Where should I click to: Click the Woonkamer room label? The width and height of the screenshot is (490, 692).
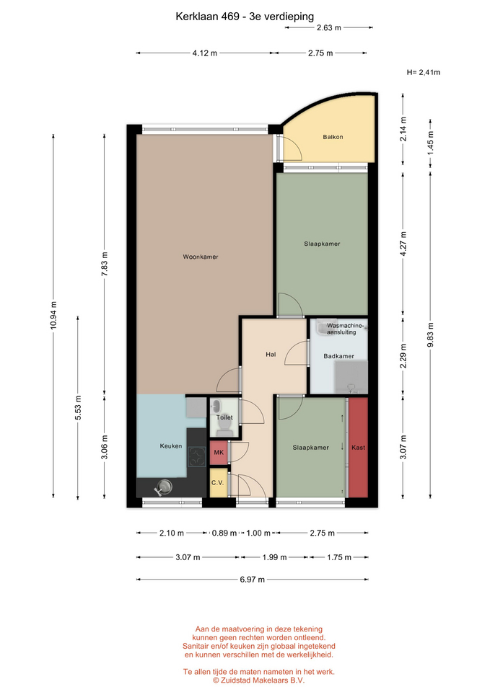pos(201,257)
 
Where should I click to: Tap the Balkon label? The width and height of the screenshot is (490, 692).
pos(333,137)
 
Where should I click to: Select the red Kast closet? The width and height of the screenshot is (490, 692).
pos(359,448)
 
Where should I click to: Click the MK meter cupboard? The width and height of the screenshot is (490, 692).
pos(219,453)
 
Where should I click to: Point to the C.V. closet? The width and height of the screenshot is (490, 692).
pos(218,482)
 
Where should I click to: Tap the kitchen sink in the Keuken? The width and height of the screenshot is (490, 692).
pos(164,487)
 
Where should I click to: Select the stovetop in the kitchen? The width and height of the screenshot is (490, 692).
pos(196,457)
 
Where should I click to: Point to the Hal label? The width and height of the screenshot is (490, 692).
pos(271,354)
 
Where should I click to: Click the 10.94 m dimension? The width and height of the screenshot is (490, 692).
pos(53,316)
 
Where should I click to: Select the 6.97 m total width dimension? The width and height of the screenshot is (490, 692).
pos(253,580)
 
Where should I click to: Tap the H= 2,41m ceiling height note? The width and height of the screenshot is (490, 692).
pos(424,72)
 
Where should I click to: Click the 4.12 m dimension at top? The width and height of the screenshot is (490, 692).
pos(204,53)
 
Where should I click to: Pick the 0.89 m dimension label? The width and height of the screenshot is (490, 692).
pos(224,533)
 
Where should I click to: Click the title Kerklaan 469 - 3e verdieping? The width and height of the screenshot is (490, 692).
pos(245,17)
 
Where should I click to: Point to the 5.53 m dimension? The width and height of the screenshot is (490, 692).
pos(78,407)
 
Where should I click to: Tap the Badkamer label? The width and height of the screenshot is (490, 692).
pos(339,356)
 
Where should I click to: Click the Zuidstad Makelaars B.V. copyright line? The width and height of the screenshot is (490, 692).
pos(258,680)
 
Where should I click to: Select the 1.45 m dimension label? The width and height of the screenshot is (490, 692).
pos(430,143)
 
